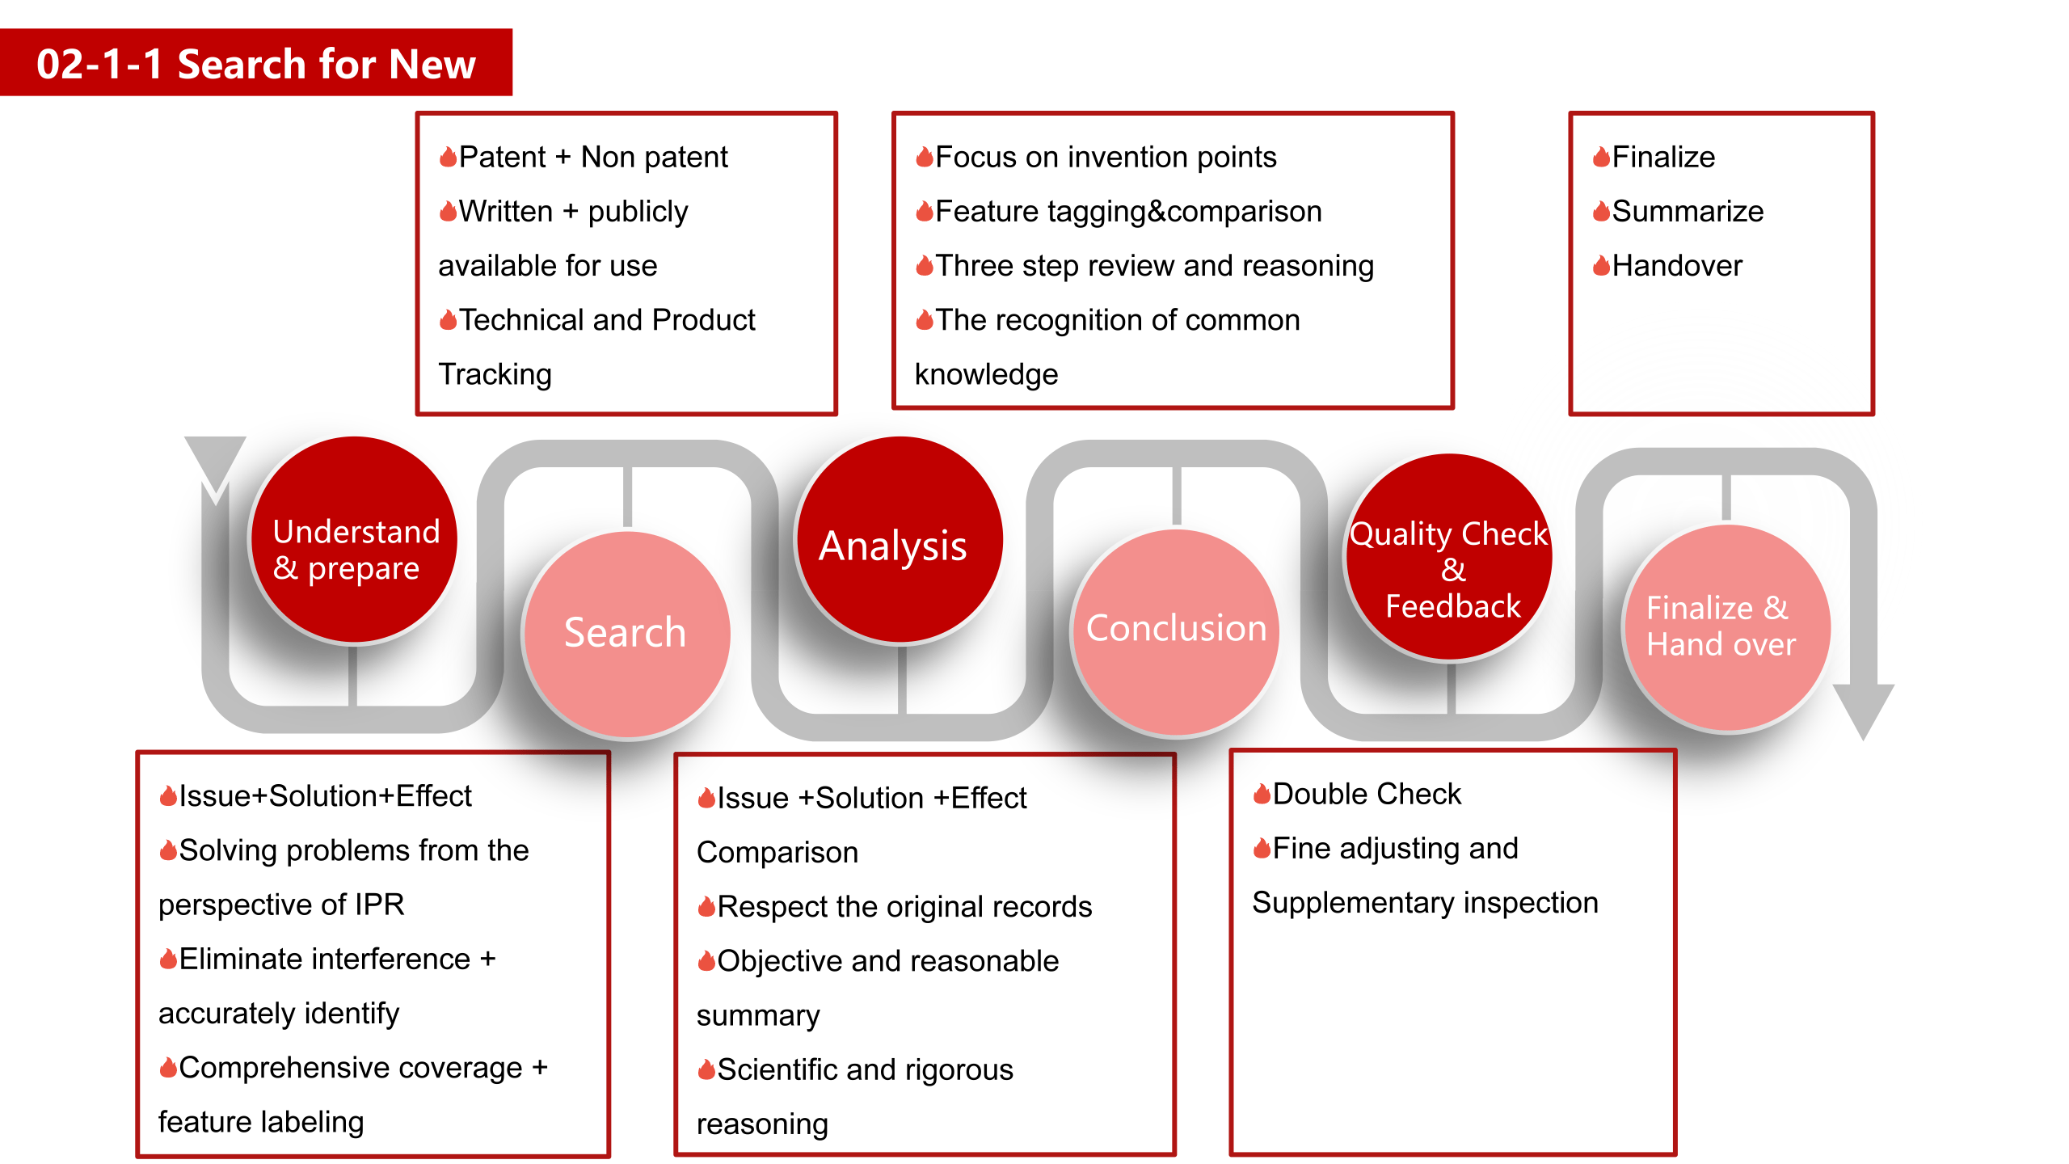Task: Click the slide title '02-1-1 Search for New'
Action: [255, 64]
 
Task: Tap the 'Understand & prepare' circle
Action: [355, 540]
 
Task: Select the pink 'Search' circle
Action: [627, 634]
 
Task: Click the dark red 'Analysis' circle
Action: [900, 540]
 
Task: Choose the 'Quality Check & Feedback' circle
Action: [1449, 558]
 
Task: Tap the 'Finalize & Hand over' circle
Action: [1727, 628]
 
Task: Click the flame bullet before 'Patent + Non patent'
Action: [448, 157]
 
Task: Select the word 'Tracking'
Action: [495, 374]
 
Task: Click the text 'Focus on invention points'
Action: [1106, 157]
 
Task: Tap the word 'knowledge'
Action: [986, 374]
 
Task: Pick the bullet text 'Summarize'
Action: [1688, 211]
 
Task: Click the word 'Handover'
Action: [1677, 265]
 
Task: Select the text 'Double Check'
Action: [1367, 794]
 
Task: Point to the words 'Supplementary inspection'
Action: [1425, 903]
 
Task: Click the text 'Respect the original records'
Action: [904, 907]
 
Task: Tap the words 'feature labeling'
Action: [261, 1122]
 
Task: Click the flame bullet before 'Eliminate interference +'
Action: [168, 959]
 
